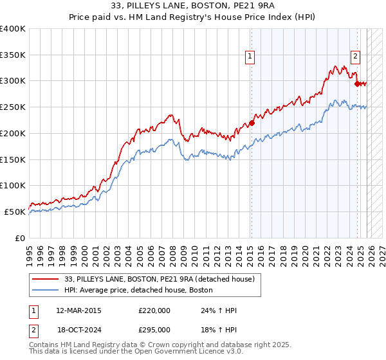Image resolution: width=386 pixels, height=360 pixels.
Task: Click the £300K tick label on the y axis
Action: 13,81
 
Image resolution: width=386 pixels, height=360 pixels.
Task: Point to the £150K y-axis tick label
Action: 13,159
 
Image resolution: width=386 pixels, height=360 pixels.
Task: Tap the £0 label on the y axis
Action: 20,238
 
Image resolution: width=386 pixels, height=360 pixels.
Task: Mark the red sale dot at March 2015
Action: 252,123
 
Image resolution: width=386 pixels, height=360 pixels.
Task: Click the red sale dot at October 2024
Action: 357,83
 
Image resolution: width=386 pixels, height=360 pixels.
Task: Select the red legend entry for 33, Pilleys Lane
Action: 160,279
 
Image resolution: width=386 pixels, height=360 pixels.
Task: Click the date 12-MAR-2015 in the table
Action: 78,310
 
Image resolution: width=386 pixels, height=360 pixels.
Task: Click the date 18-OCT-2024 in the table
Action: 78,328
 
